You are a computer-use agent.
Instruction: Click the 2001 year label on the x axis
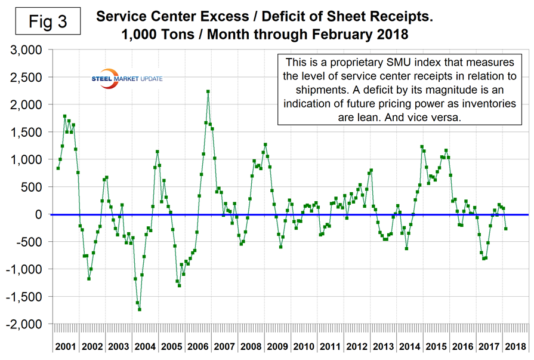tap(66, 346)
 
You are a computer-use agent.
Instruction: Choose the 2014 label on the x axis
tap(410, 346)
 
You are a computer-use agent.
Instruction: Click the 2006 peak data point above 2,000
tap(208, 91)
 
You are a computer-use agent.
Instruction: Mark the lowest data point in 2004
tap(140, 309)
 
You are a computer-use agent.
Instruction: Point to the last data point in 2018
tap(506, 229)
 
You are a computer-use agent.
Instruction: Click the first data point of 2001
tap(58, 168)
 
